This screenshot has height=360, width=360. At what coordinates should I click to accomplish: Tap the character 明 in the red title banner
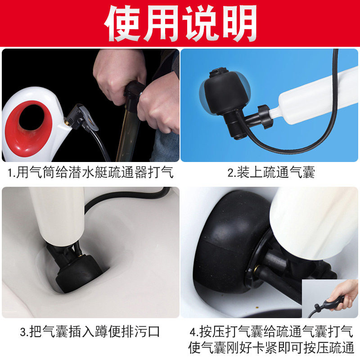tap(238, 23)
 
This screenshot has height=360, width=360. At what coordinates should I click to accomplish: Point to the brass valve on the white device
tap(67, 121)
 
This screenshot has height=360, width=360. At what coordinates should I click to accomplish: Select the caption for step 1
tap(90, 172)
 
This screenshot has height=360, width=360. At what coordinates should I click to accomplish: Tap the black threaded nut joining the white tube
tap(265, 116)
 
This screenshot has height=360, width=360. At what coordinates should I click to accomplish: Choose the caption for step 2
tap(271, 172)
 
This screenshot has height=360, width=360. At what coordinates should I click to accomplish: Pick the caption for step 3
tap(90, 332)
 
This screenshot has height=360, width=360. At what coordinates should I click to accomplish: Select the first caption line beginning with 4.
tap(271, 332)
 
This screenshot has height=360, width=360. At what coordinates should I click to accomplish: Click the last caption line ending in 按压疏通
tap(271, 348)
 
